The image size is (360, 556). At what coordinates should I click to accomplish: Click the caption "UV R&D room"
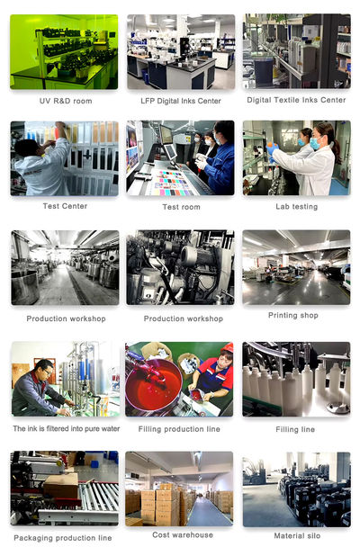point(66,101)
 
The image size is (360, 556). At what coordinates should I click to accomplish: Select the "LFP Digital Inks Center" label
point(181,101)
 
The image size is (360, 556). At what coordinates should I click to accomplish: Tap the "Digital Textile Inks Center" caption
point(296,100)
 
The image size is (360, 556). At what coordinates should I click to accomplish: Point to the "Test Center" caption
point(65,206)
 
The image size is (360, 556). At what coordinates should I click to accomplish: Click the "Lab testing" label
point(296,207)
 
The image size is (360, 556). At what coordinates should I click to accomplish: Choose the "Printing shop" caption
point(293,315)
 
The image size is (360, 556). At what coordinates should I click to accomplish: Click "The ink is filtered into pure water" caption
point(67,429)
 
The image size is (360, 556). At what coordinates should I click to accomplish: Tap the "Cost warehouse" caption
point(183,534)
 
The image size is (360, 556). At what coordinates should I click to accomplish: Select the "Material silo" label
point(297,536)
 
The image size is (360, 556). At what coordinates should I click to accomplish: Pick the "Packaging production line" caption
point(63,538)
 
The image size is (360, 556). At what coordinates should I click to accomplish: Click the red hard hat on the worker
point(228,347)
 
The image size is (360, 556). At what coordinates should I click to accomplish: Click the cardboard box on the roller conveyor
point(61,485)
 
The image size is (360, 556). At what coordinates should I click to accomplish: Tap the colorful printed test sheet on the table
point(173,183)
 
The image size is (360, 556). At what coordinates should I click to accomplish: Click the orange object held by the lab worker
point(273,146)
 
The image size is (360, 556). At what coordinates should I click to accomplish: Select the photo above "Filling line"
point(296,379)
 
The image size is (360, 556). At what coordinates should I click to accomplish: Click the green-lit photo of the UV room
point(64,52)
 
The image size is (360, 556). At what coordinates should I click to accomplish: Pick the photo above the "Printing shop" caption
point(296,267)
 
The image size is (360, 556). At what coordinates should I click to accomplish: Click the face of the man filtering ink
point(47,371)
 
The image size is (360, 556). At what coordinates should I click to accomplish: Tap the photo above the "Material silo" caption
point(296,489)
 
